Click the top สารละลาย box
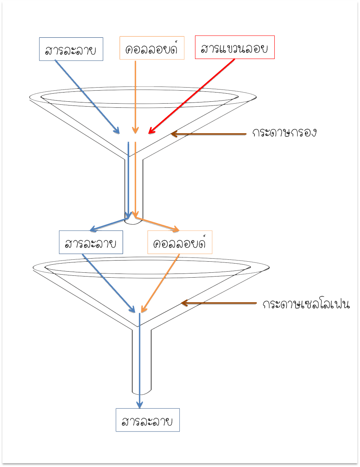pyautogui.click(x=71, y=49)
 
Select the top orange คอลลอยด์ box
pyautogui.click(x=152, y=48)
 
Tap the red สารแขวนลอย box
pyautogui.click(x=235, y=47)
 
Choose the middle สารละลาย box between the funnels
pyautogui.click(x=91, y=242)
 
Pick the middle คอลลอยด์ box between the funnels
pyautogui.click(x=180, y=242)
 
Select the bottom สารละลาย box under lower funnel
pyautogui.click(x=147, y=420)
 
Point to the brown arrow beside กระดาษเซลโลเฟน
pyautogui.click(x=219, y=303)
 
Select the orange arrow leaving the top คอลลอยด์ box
pyautogui.click(x=135, y=95)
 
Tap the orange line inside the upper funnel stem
pyautogui.click(x=135, y=179)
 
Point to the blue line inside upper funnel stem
pyautogui.click(x=128, y=179)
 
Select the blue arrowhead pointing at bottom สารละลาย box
pyautogui.click(x=140, y=405)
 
